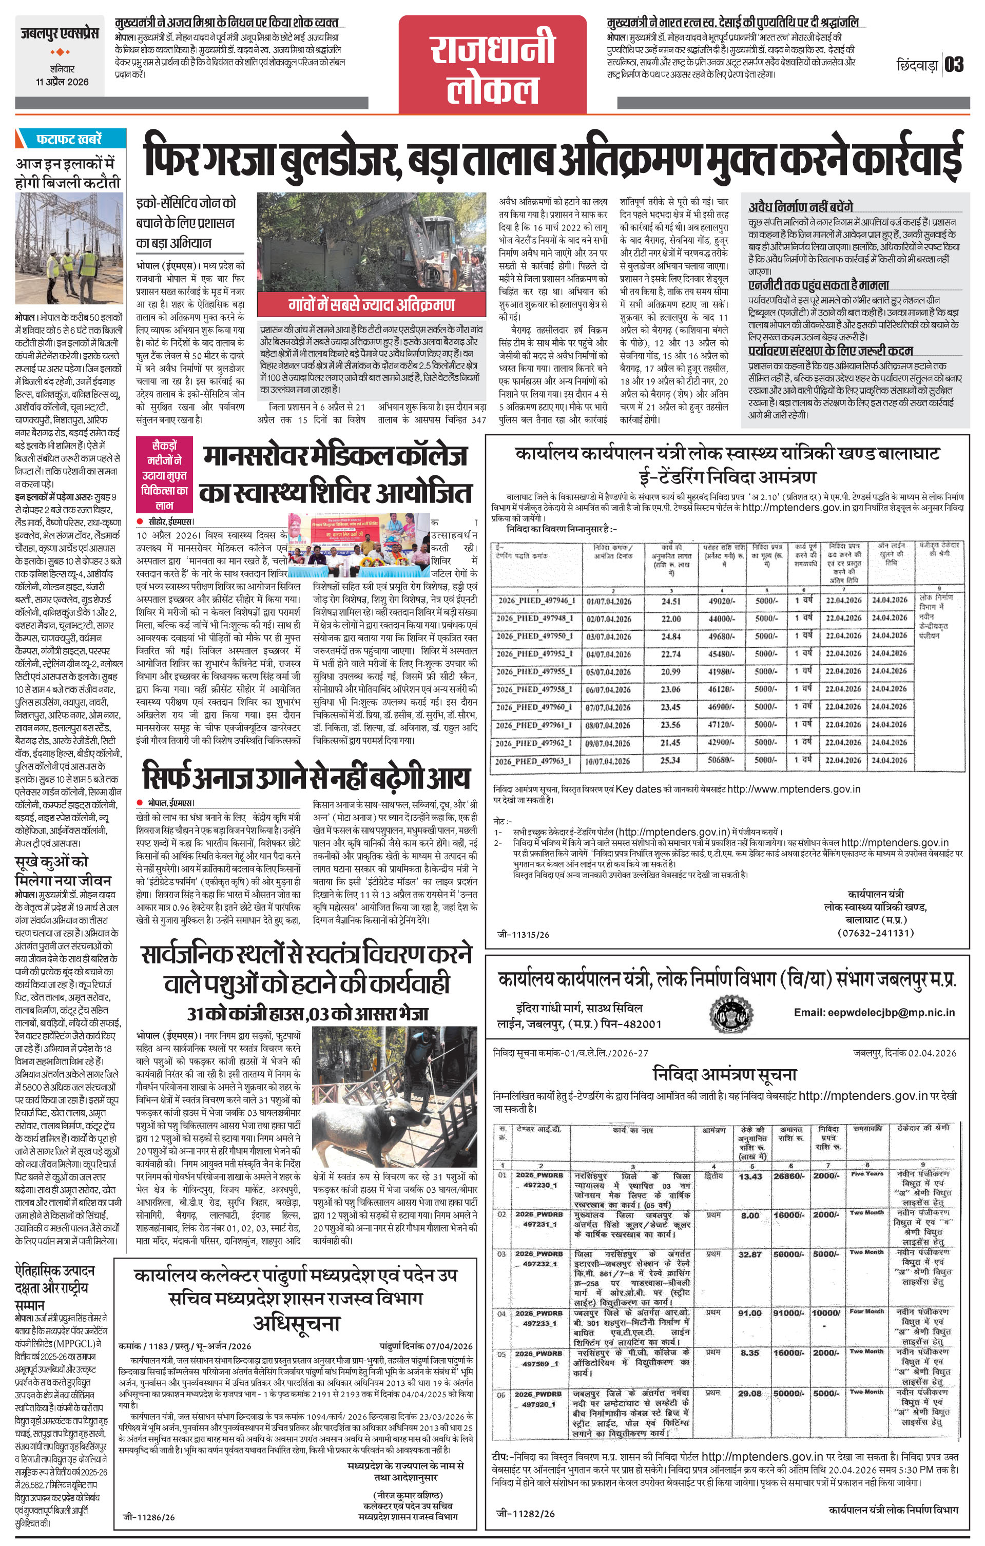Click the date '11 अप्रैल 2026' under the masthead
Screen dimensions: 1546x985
(x=62, y=82)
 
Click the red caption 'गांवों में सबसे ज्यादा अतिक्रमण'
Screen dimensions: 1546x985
(x=371, y=304)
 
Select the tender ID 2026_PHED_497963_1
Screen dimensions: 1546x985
(x=532, y=761)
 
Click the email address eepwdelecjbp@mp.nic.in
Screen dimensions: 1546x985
(x=874, y=1013)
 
